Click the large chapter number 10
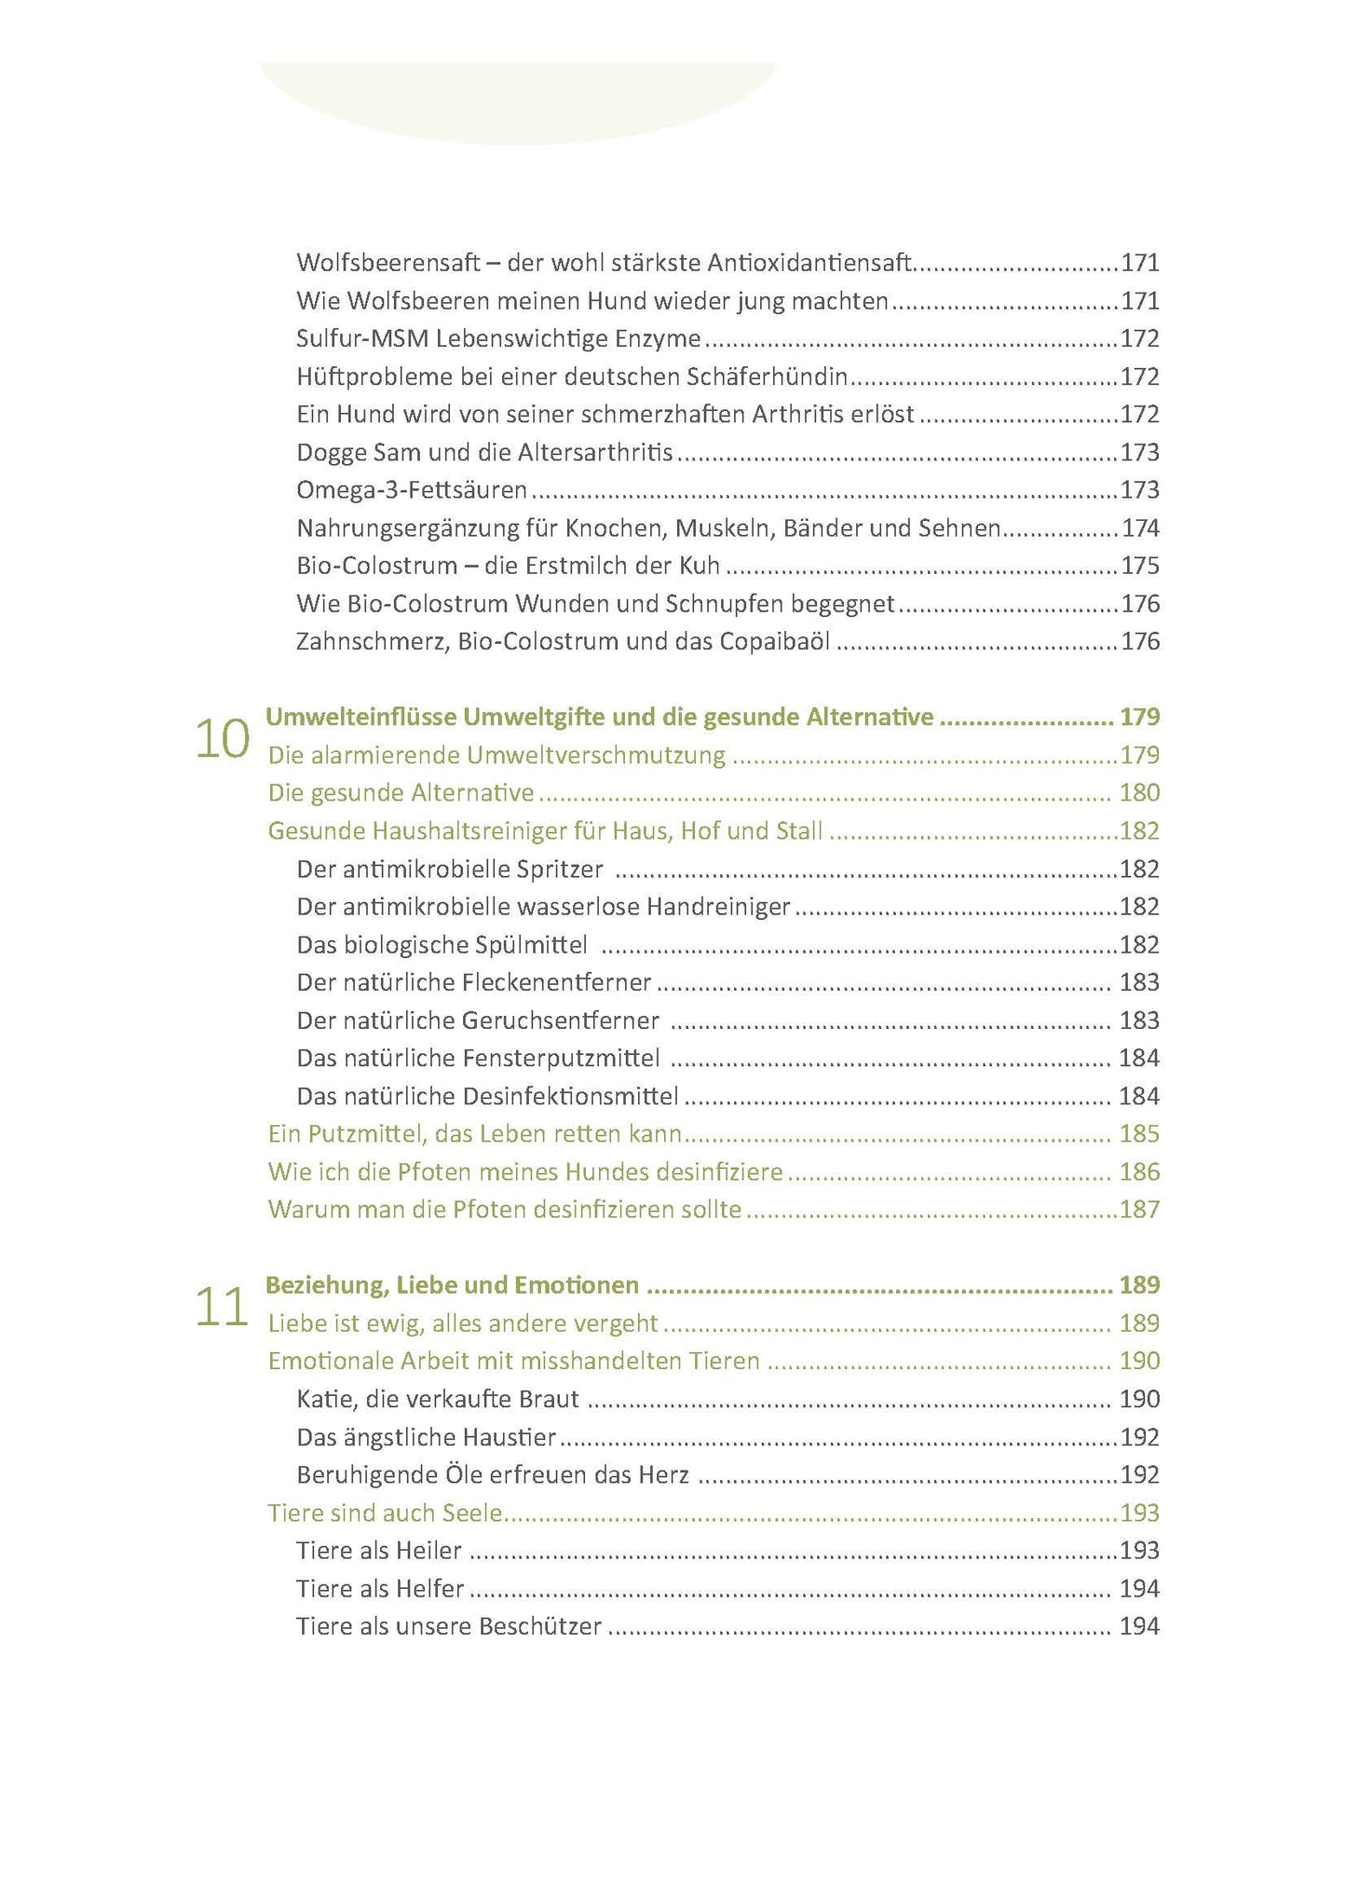(x=222, y=740)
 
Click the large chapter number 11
(x=222, y=1308)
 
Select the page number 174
(x=1140, y=528)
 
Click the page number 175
(x=1140, y=567)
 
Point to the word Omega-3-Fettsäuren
(x=412, y=490)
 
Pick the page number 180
(x=1139, y=793)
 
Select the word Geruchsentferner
(x=560, y=1020)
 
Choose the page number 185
(x=1139, y=1134)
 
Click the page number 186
(x=1139, y=1172)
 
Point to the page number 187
(x=1140, y=1210)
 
